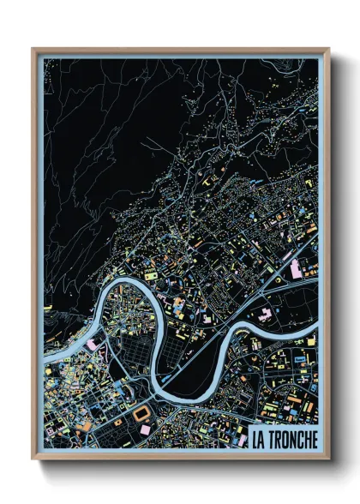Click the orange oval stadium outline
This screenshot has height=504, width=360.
[x=140, y=413]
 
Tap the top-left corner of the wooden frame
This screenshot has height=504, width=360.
[x=33, y=49]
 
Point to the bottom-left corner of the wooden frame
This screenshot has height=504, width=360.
[x=33, y=459]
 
